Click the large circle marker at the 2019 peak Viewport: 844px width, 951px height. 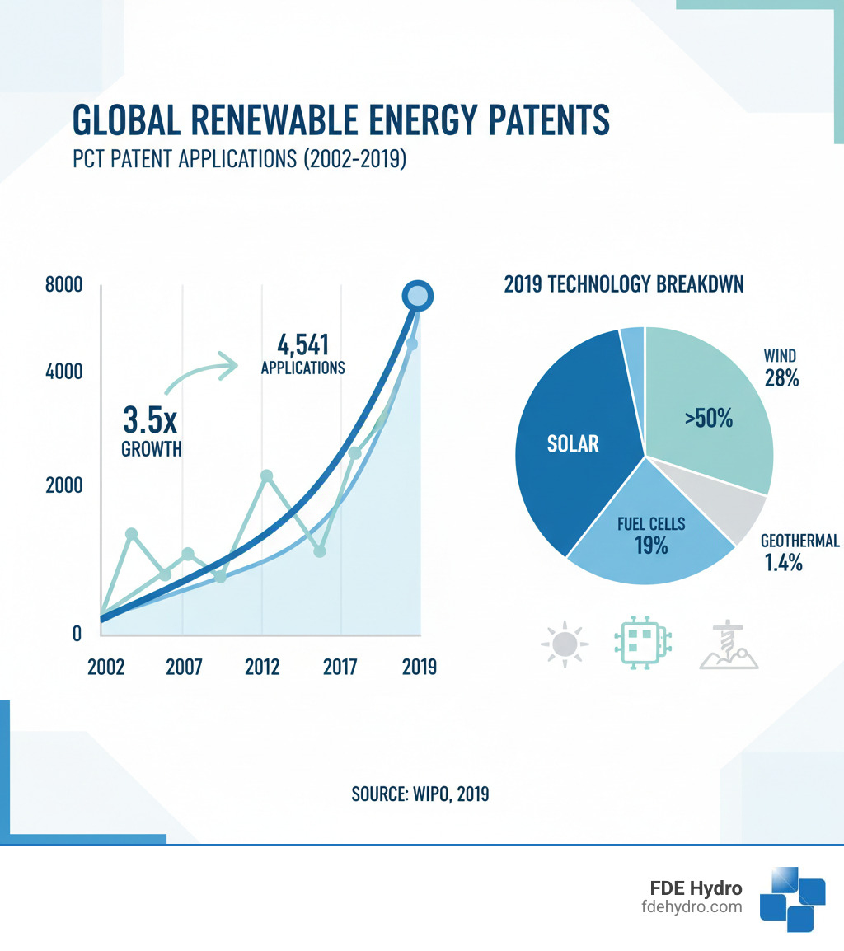417,296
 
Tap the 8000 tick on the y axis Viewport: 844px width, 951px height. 65,286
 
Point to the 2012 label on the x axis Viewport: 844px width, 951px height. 264,667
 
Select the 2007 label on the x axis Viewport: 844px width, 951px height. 184,667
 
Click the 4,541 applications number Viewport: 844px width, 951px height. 303,344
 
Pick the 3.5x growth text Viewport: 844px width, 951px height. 150,419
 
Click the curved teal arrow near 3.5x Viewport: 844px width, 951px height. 198,371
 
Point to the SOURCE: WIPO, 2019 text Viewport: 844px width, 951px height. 420,794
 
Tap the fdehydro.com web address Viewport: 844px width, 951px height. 692,907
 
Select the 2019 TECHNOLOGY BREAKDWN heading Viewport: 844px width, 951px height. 623,285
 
